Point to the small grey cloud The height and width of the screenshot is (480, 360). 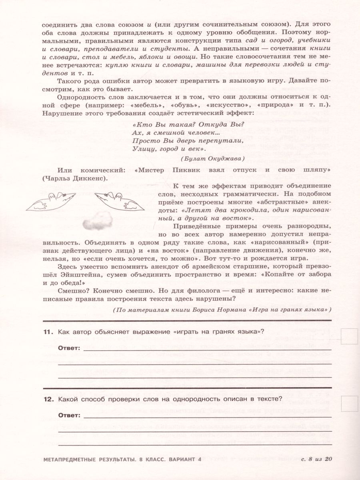pyautogui.click(x=96, y=218)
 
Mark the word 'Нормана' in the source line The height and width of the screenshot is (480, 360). pyautogui.click(x=250, y=310)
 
